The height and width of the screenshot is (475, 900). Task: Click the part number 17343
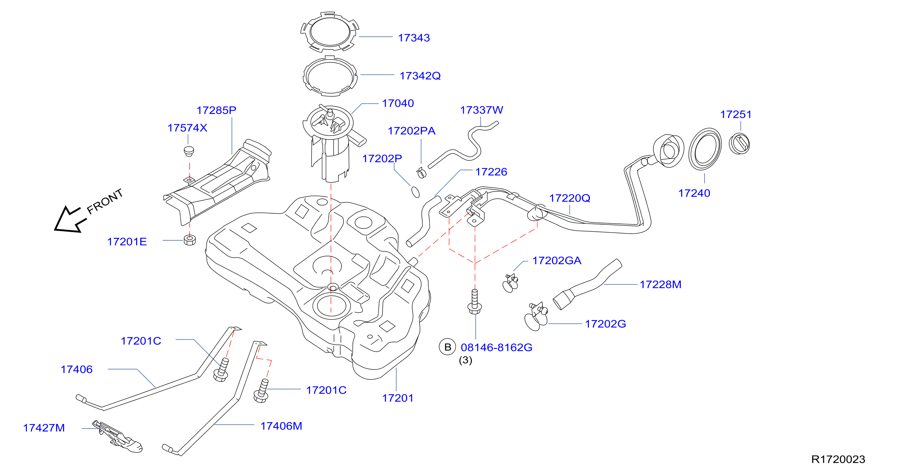click(x=414, y=38)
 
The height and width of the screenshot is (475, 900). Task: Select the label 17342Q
click(x=420, y=76)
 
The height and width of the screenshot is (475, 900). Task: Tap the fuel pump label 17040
click(x=398, y=103)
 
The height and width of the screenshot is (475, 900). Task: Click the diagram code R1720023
click(x=838, y=459)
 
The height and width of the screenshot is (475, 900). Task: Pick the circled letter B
click(x=447, y=347)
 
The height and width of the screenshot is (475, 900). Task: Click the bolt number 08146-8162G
click(x=496, y=347)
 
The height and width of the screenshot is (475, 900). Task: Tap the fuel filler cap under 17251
click(x=739, y=143)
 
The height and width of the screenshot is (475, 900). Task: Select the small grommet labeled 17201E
click(x=190, y=240)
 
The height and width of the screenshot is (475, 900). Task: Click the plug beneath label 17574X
click(x=189, y=151)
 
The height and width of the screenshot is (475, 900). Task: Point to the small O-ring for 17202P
click(x=415, y=192)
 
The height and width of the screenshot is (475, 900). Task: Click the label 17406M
click(x=281, y=426)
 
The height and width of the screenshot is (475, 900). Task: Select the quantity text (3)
click(x=465, y=360)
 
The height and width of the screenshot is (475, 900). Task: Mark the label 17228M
click(x=660, y=284)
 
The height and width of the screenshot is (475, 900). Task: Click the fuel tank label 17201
click(x=398, y=398)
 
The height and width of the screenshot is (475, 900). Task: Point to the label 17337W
click(x=481, y=110)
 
